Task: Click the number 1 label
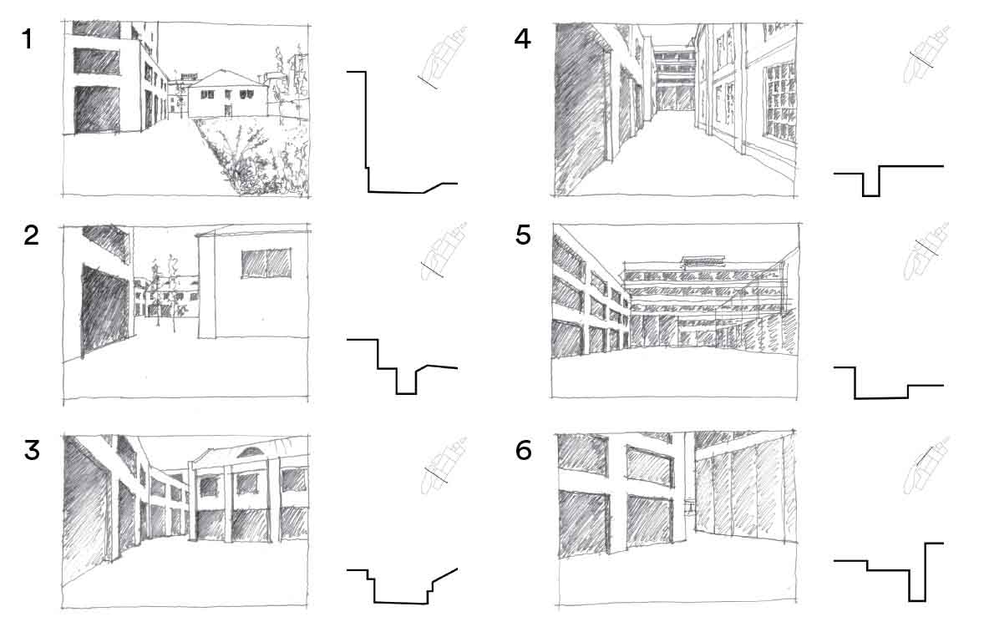point(27,39)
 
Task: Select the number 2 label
point(31,236)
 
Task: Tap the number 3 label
point(32,450)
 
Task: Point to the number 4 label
point(522,39)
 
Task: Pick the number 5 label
point(524,235)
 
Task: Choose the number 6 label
point(524,450)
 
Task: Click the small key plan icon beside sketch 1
point(442,59)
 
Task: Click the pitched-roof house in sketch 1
point(227,94)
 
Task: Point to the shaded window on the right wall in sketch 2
point(266,264)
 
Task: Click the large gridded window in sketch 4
point(780,101)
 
